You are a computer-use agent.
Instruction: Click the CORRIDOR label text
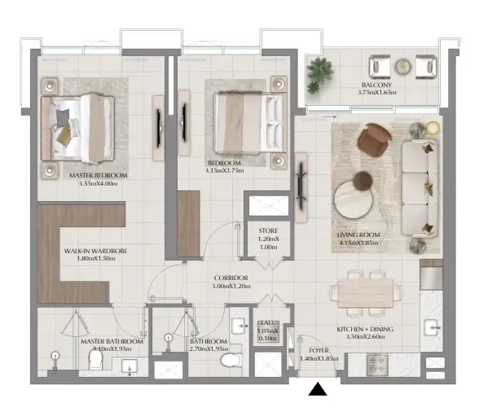point(231,278)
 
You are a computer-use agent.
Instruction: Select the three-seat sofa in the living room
point(420,186)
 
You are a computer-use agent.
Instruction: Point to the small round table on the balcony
point(402,66)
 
